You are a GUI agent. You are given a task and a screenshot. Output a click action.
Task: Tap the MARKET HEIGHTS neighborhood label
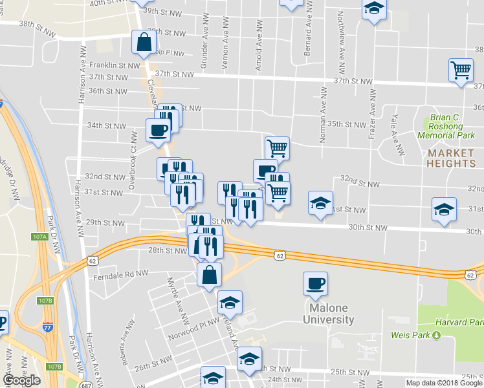(x=451, y=158)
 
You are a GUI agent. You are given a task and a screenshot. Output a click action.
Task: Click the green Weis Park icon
(x=435, y=335)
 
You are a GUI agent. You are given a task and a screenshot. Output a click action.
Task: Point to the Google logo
(x=21, y=380)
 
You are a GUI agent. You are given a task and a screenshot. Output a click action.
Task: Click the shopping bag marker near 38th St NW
(x=143, y=43)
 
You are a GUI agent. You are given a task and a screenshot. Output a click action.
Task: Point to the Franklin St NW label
(x=115, y=65)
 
